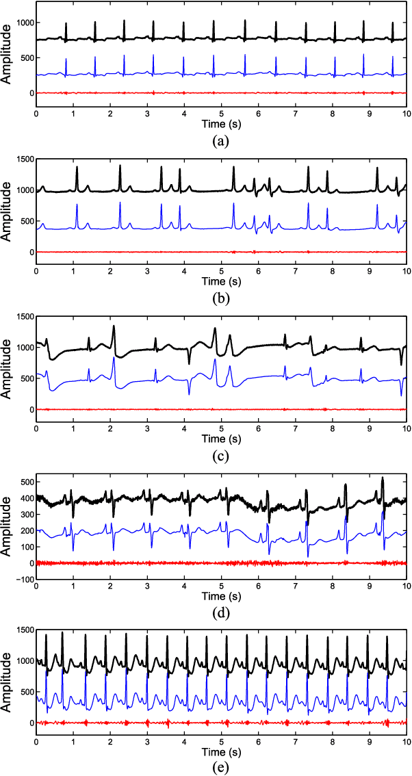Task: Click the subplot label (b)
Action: [220, 298]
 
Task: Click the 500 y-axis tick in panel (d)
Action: [25, 482]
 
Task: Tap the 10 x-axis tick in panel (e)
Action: [406, 742]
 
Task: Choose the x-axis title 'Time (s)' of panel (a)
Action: [220, 125]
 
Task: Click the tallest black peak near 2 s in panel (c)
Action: [114, 326]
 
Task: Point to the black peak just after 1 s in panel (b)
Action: [77, 167]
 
